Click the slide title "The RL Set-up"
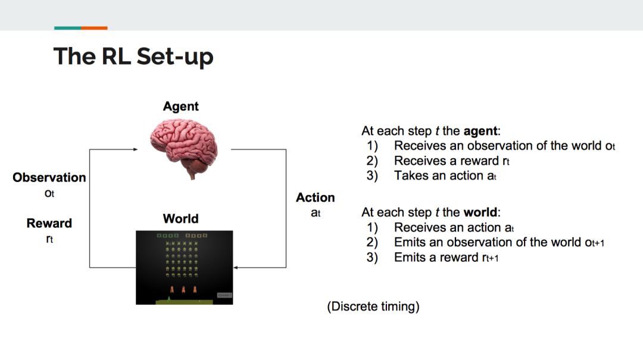tap(133, 57)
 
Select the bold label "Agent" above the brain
tap(180, 107)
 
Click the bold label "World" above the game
tap(180, 218)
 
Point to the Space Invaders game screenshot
tap(184, 267)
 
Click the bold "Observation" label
tap(49, 177)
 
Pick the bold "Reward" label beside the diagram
tap(49, 223)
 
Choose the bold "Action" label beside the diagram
tap(316, 198)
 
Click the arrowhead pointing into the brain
tap(136, 150)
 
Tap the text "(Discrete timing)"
tap(373, 307)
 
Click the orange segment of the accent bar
tap(94, 28)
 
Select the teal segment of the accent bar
tap(67, 28)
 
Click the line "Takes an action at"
tap(445, 176)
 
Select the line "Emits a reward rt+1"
tap(450, 257)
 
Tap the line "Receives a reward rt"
tap(452, 161)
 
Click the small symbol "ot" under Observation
tap(49, 193)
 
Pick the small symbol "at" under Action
tap(316, 212)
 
